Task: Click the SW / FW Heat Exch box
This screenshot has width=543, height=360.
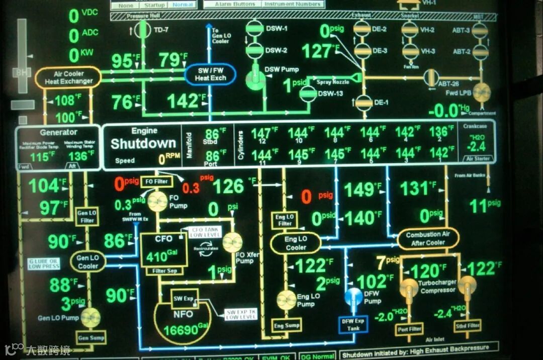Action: point(210,74)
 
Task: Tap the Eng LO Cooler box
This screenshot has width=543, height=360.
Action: point(296,243)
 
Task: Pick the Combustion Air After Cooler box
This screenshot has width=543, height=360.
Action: point(428,239)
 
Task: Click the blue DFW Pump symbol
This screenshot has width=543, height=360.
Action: point(355,296)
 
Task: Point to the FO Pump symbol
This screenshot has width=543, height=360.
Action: point(157,202)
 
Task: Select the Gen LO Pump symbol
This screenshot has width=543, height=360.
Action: point(91,317)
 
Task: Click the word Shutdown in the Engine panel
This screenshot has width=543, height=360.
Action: point(143,144)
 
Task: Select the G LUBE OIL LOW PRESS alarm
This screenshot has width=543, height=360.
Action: point(44,263)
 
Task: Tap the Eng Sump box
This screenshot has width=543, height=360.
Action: point(287,326)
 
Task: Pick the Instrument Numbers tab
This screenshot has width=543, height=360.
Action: point(292,4)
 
